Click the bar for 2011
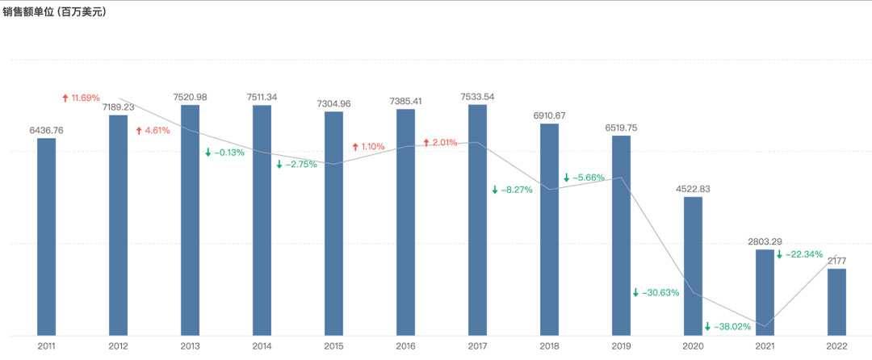pos(46,236)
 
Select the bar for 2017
pos(477,219)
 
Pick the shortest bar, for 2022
pos(836,301)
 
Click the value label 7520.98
pos(190,97)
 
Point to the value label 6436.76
pos(46,130)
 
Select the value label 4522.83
pos(693,189)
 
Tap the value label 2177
pos(836,261)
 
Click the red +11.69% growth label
pos(81,98)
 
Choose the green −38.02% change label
pos(727,327)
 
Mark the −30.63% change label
pos(656,292)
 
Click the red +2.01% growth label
pos(440,142)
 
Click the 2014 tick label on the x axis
pos(262,345)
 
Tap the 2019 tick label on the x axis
pos(621,345)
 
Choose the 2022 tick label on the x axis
pos(836,345)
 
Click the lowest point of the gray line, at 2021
pos(765,325)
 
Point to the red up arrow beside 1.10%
pos(355,147)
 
